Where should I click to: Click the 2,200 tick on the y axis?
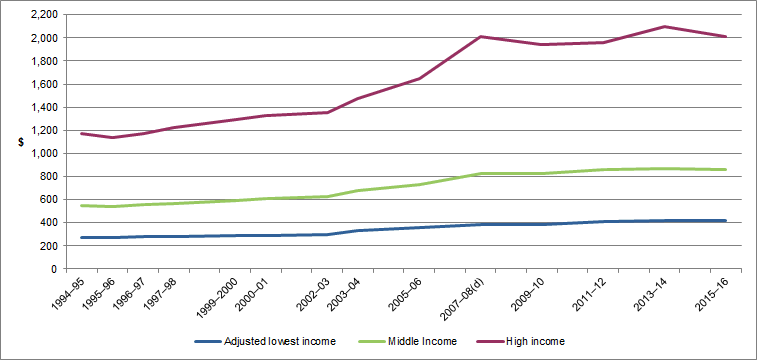click(43, 15)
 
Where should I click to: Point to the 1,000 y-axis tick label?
click(43, 153)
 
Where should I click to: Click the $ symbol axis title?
click(21, 142)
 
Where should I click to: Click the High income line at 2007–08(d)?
click(481, 37)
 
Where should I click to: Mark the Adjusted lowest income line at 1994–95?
click(81, 238)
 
